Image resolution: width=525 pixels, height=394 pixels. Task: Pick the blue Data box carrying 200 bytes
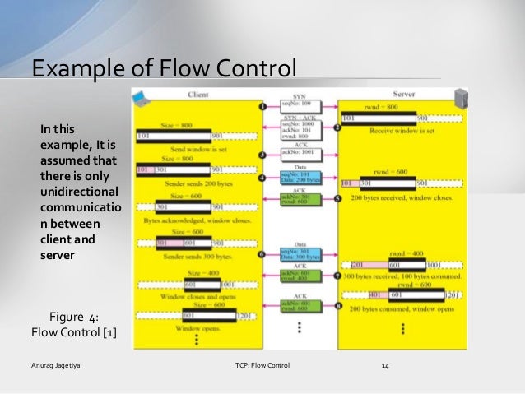tap(295, 178)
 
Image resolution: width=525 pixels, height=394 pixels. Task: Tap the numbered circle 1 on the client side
tap(261, 108)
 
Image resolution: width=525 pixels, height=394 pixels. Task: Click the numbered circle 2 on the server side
tap(337, 129)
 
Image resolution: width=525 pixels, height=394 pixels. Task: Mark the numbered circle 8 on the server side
tap(337, 308)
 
